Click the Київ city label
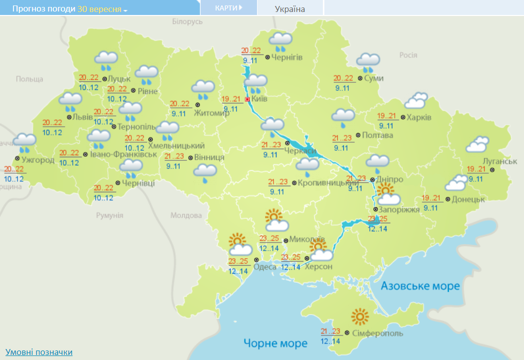tap(260, 99)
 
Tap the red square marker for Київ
tap(247, 99)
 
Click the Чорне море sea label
tap(275, 343)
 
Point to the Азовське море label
tap(420, 286)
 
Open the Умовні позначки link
tap(39, 352)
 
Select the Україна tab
tap(290, 8)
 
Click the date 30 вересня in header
tap(99, 9)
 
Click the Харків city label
tap(419, 117)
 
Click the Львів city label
tap(83, 117)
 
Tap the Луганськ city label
tap(500, 161)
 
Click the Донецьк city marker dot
tap(448, 199)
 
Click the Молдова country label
tap(186, 215)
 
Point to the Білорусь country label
tap(188, 21)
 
